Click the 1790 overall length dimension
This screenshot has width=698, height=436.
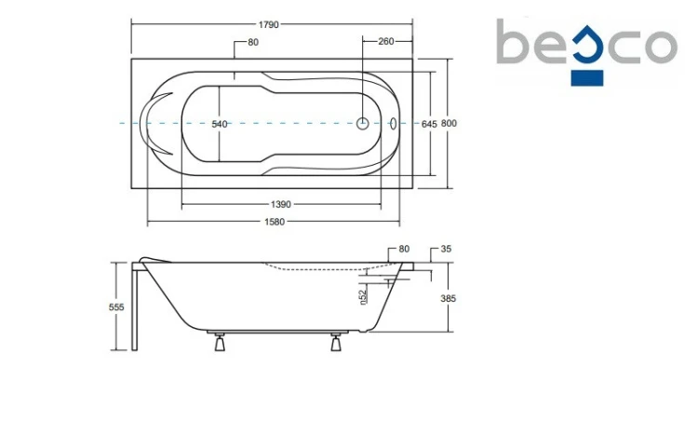(268, 24)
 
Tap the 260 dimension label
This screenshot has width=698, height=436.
(386, 42)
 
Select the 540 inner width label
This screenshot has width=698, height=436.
(220, 125)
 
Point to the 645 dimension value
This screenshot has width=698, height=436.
(429, 125)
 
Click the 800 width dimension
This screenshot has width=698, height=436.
(449, 124)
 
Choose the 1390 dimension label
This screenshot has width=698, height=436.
(281, 205)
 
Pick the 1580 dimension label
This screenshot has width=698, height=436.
(275, 222)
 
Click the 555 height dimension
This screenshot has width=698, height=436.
(116, 307)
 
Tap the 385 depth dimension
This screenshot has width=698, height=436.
(449, 299)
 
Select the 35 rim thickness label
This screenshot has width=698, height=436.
(446, 249)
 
